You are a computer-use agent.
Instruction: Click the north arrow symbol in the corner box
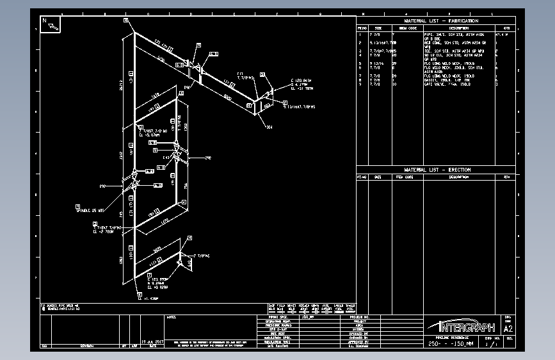pyautogui.click(x=51, y=24)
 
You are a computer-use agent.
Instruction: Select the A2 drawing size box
pyautogui.click(x=508, y=329)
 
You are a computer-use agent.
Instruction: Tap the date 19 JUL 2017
pyautogui.click(x=153, y=341)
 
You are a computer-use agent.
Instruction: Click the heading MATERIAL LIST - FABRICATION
pyautogui.click(x=441, y=21)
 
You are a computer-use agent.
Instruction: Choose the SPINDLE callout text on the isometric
pyautogui.click(x=90, y=209)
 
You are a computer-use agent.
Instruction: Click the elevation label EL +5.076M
pyautogui.click(x=149, y=135)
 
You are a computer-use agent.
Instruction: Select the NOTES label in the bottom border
pyautogui.click(x=171, y=316)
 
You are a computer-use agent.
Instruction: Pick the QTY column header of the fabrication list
pyautogui.click(x=506, y=28)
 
